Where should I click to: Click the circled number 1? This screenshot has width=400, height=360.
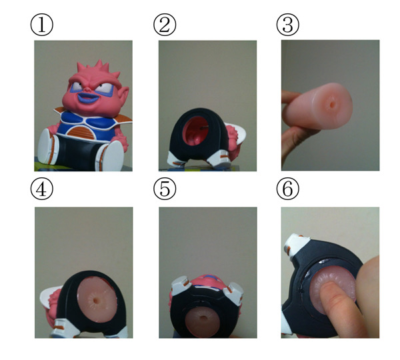[x=42, y=25]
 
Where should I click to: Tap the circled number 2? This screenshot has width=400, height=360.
[x=165, y=25]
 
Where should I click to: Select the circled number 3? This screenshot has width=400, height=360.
[x=288, y=25]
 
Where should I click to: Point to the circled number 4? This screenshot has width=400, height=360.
[x=42, y=189]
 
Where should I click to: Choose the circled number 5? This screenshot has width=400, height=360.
[x=165, y=189]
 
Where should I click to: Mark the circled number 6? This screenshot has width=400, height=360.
[x=288, y=189]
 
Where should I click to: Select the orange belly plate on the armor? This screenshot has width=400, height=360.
[x=81, y=133]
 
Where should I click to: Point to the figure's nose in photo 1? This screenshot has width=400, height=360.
[x=87, y=89]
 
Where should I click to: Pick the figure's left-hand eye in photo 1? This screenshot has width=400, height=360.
[x=76, y=87]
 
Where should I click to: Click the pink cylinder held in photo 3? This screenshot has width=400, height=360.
[x=318, y=106]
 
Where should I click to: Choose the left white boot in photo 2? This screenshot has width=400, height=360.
[x=176, y=159]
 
